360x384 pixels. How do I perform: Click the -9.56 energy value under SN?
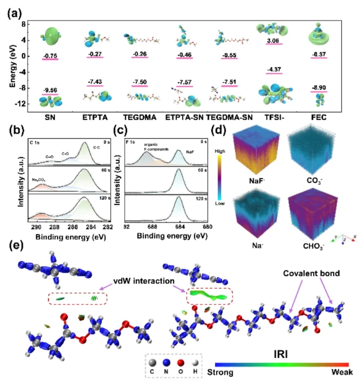click(x=50, y=89)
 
